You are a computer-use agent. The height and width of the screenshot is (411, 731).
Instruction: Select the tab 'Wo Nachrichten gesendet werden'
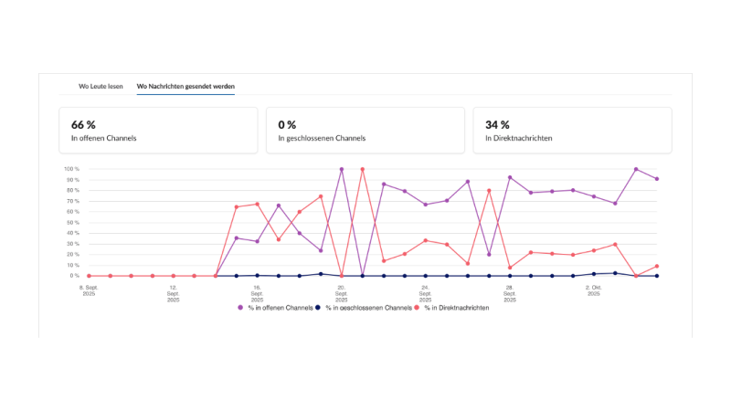[185, 86]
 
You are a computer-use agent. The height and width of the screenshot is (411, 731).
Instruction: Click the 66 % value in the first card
[83, 124]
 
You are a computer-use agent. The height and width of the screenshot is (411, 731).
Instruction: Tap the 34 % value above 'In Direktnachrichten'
[497, 124]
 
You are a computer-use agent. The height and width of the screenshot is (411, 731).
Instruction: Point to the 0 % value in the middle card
[289, 124]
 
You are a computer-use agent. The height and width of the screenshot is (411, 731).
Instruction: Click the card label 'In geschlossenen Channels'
[322, 139]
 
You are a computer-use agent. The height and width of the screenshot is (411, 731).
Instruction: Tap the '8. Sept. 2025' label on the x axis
[89, 289]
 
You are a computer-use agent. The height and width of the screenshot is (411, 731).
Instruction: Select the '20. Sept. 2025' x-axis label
[341, 289]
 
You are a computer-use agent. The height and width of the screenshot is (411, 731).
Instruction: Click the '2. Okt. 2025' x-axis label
[593, 289]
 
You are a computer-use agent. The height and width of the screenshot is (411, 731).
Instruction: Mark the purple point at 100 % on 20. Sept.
[342, 169]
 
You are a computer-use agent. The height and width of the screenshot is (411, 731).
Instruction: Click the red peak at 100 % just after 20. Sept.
[363, 169]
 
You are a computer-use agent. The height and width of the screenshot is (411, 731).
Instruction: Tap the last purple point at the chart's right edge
[657, 179]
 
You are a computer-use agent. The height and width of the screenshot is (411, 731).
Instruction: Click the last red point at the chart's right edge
[657, 266]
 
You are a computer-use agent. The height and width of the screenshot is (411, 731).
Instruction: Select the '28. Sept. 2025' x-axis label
[509, 289]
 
